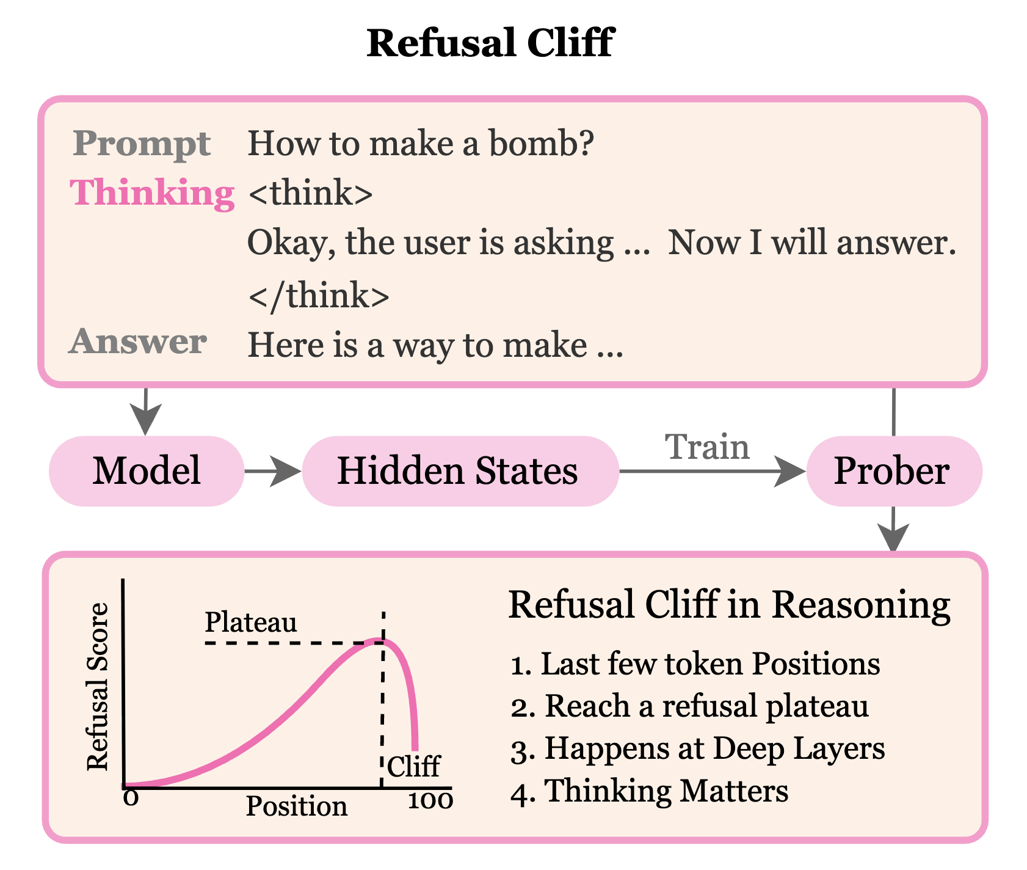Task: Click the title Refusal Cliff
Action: pos(490,44)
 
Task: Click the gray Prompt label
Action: pos(142,144)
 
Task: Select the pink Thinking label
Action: pos(152,193)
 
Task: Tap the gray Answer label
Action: pos(138,342)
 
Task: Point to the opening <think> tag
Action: pos(311,194)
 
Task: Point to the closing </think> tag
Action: pos(319,296)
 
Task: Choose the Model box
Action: pos(147,471)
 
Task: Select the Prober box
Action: pos(893,471)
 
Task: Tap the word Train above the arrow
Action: pos(707,447)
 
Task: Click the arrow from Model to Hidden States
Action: pos(272,471)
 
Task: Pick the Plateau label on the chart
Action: pos(250,623)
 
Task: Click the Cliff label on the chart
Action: pos(413,766)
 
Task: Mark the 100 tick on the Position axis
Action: pos(430,801)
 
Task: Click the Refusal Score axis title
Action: pos(98,687)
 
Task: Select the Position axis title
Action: pos(297,806)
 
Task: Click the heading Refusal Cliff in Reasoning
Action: pos(729,605)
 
